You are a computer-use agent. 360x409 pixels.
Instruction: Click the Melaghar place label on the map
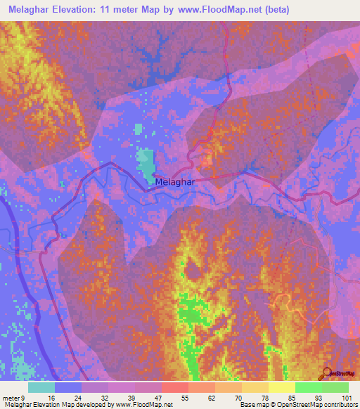pyautogui.click(x=174, y=181)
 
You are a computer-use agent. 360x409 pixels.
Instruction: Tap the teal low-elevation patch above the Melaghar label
pyautogui.click(x=146, y=162)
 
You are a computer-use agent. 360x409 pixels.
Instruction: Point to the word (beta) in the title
pyautogui.click(x=274, y=10)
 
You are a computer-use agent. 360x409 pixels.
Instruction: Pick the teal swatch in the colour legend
pyautogui.click(x=41, y=387)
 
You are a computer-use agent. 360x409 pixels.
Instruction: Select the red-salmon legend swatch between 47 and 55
pyautogui.click(x=174, y=387)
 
